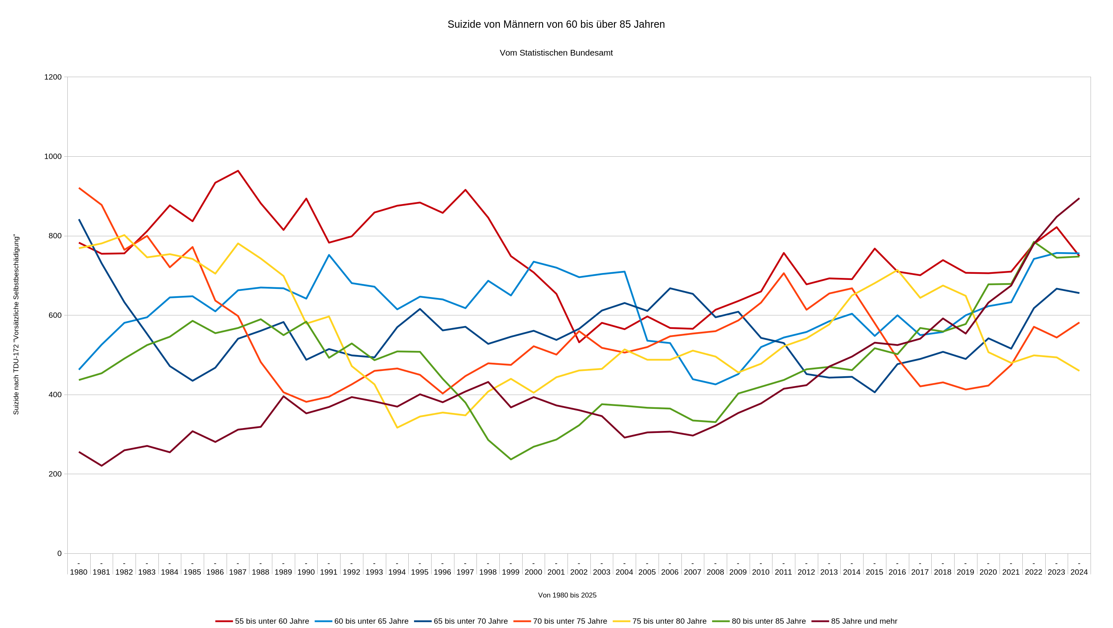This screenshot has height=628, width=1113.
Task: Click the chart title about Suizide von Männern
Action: coord(556,24)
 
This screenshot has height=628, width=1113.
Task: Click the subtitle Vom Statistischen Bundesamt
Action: coord(556,53)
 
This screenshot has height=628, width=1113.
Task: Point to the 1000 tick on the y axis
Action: coord(53,156)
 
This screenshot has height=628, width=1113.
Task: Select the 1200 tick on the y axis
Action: coord(53,77)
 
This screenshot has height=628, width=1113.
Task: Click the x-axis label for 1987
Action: coord(238,572)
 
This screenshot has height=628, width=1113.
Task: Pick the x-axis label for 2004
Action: coord(624,572)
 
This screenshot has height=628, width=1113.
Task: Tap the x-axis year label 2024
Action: coord(1079,572)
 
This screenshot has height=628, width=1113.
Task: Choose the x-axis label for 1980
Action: coord(79,572)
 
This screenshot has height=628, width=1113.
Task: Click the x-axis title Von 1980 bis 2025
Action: coord(567,595)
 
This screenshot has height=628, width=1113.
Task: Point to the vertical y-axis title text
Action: coord(16,324)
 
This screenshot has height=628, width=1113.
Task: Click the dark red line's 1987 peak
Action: coord(238,171)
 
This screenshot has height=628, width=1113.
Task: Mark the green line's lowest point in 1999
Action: coord(511,459)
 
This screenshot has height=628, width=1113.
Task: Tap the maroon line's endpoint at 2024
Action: coord(1079,199)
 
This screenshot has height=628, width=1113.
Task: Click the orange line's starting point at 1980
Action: coord(79,188)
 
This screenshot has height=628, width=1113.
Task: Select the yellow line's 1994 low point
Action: coord(397,428)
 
